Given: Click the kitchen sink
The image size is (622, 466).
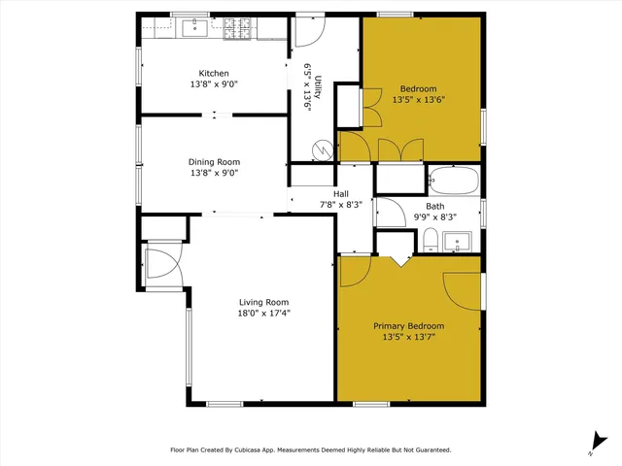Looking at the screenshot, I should coord(195,27).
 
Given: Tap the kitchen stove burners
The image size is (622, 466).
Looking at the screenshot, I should coord(238,30).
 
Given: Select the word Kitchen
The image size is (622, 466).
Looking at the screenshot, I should coord(214,74).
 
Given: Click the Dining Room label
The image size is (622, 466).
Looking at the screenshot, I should coord(214,162).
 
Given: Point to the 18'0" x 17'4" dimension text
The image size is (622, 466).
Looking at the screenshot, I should coord(263,313).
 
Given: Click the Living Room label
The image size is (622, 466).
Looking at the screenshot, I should coord(263,301).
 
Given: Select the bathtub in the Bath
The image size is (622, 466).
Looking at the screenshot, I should coord(454,181).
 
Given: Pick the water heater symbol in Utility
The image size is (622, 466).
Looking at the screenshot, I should coord(321,150).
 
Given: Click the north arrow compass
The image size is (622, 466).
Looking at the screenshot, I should coord(595,443).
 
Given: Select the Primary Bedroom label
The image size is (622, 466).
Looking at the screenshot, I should coord(408,326).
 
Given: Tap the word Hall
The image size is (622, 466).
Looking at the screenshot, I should coord(341,192).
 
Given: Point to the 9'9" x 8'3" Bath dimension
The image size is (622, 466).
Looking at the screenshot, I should coord(434,217).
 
